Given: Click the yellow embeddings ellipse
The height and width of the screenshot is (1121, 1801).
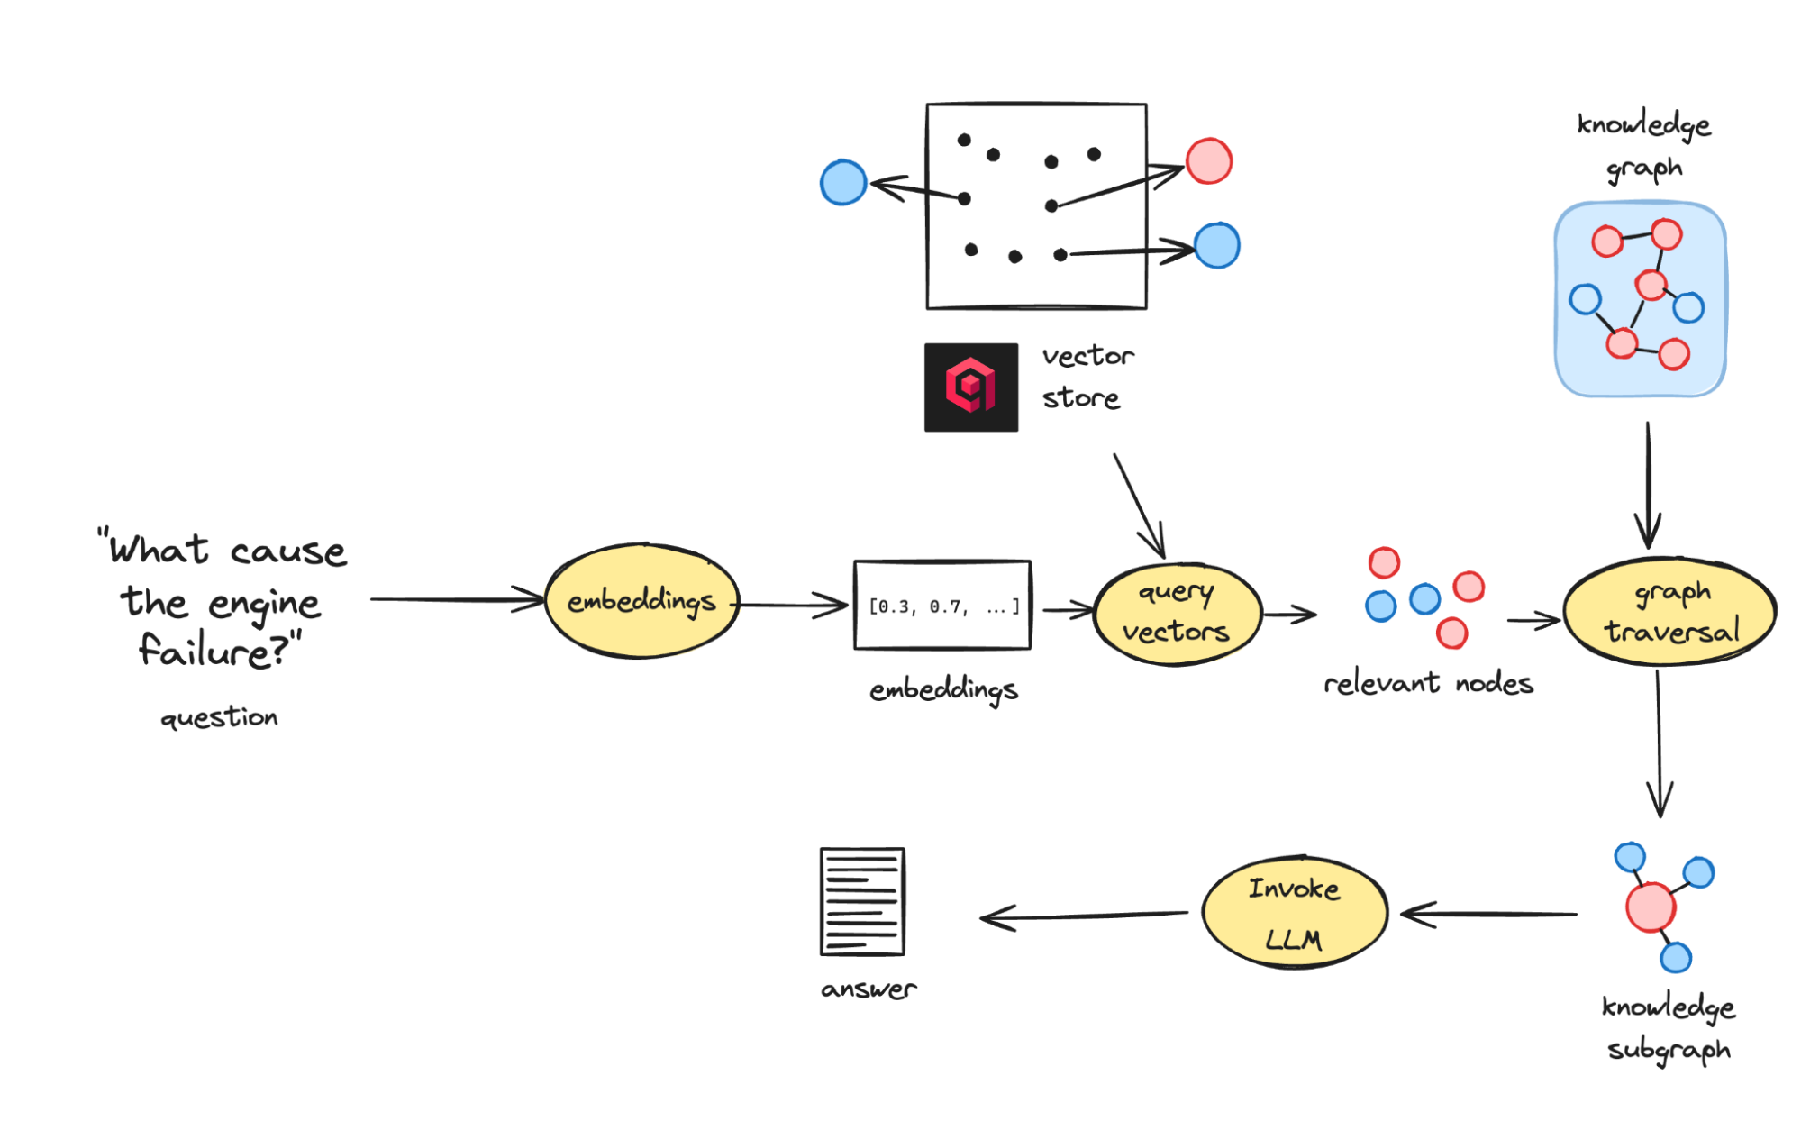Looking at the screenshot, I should pos(641,600).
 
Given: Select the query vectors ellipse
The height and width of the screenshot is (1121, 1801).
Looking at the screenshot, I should pos(1176,614).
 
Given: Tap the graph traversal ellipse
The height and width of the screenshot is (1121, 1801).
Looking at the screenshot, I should pos(1669,612).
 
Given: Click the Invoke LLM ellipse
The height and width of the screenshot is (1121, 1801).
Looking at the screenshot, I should pos(1294,913).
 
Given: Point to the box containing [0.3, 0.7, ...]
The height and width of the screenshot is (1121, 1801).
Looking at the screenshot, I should pos(942,605).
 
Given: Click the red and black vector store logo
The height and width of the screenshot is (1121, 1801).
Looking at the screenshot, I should pos(970,387).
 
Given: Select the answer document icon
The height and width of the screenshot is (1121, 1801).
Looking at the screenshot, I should pos(862,901).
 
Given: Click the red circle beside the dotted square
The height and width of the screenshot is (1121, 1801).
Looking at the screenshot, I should pos(1208,161).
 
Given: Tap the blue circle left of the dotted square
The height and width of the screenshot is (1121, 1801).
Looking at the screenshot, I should pos(843,182).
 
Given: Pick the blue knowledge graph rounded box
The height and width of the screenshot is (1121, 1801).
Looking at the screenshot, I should pos(1640,299).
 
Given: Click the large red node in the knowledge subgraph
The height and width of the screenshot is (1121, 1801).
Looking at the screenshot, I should pos(1650,907).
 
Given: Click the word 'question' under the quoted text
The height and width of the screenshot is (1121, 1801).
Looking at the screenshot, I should pos(219,718).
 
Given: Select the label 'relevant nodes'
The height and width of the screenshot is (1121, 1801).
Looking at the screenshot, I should pos(1428,684).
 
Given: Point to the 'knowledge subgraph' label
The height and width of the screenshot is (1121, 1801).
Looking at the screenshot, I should pos(1669,1027).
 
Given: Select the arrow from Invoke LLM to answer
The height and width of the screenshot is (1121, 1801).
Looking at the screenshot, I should pos(1081,916).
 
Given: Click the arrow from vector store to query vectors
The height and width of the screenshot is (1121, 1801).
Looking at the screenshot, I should pos(1139,505).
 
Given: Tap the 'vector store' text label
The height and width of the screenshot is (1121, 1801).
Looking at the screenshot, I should pos(1087,377).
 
